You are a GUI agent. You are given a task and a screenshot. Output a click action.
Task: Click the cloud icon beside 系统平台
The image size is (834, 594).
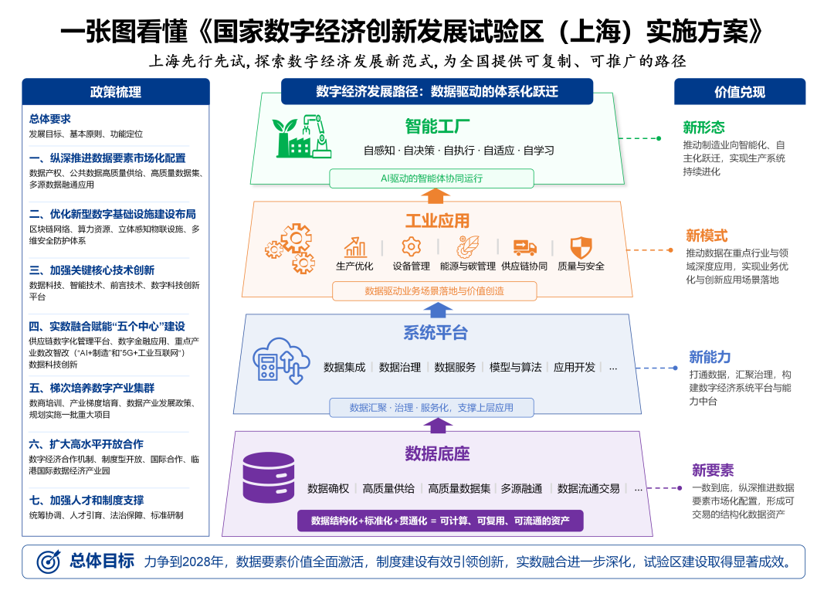coord(275,359)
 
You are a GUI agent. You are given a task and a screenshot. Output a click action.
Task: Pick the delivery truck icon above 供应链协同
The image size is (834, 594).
coord(524,247)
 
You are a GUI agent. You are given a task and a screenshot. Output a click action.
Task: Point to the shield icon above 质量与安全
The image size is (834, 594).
coord(581,247)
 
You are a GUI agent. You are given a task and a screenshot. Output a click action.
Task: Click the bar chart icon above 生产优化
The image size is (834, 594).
coord(355,247)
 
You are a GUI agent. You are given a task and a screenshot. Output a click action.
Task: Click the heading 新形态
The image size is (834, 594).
coord(703,127)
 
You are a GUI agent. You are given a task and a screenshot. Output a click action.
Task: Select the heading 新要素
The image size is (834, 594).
coord(712,470)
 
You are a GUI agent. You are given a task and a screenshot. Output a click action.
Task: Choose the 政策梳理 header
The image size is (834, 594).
coord(116,92)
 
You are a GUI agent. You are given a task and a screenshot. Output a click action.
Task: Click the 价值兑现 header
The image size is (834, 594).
coord(739,92)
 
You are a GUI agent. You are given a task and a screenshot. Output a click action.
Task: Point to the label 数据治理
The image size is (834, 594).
coord(400,367)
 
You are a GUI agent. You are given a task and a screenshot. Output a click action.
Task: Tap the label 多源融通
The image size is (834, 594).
coord(521,488)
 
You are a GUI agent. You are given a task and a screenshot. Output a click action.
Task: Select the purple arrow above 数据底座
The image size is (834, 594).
coord(438,425)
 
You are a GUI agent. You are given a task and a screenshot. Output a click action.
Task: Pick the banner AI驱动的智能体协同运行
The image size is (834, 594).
coord(432,178)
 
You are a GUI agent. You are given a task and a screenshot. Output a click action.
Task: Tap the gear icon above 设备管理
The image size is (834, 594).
coord(411,247)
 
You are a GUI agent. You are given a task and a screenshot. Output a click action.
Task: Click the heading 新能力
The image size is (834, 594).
coord(710,357)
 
